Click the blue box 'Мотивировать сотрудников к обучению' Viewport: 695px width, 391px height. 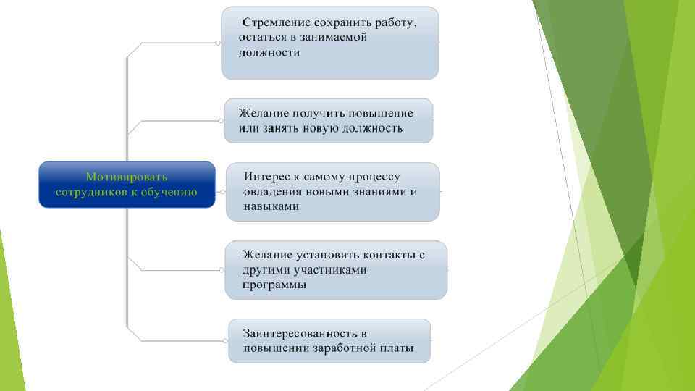(127, 185)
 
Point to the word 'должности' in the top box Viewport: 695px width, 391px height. (269, 52)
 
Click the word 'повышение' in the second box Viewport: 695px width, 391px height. (381, 113)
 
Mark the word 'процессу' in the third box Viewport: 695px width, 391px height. (374, 177)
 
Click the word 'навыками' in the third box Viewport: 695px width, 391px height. (271, 206)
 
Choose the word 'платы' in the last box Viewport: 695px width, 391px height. (397, 348)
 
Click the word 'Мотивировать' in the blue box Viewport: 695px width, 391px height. (127, 177)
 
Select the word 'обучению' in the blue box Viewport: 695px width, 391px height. (169, 192)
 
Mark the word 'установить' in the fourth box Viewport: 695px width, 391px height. (328, 255)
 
